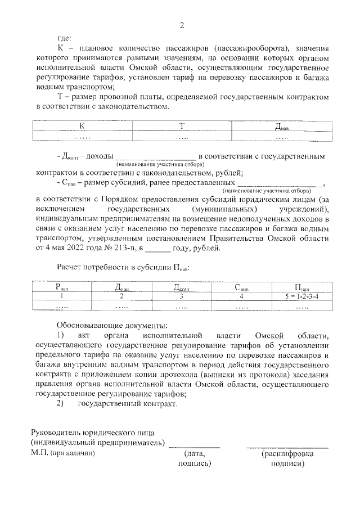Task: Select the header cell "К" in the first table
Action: [x=82, y=125]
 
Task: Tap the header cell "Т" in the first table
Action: [x=182, y=125]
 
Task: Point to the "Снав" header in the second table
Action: [x=242, y=287]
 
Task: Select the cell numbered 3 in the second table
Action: [x=182, y=296]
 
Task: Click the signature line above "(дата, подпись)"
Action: [x=194, y=447]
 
